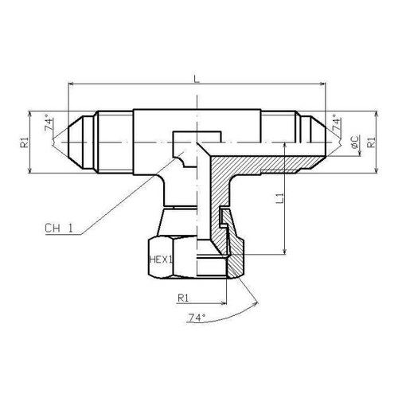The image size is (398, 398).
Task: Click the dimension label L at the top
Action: pyautogui.click(x=197, y=79)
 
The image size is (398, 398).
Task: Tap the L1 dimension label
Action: pyautogui.click(x=280, y=198)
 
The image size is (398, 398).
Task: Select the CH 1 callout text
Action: pyautogui.click(x=59, y=228)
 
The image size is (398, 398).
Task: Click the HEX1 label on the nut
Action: pyautogui.click(x=161, y=259)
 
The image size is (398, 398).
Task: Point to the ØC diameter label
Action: pyautogui.click(x=355, y=142)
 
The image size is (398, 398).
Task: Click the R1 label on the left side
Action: pyautogui.click(x=24, y=142)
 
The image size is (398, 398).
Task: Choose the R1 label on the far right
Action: pyautogui.click(x=371, y=142)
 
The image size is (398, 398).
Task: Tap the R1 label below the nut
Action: pyautogui.click(x=183, y=298)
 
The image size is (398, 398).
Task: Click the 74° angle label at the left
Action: pyautogui.click(x=49, y=123)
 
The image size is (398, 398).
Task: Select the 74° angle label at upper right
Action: pyautogui.click(x=337, y=122)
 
